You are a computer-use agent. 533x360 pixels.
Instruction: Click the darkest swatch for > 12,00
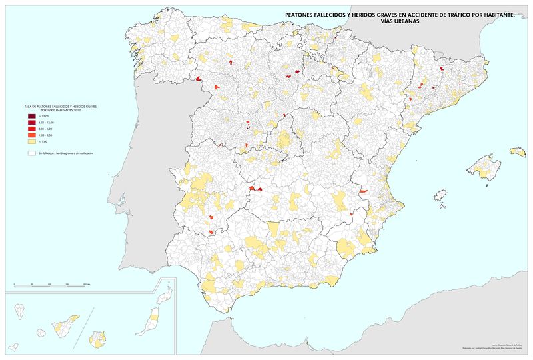(31, 117)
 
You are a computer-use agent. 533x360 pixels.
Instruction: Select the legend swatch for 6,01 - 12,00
(31, 123)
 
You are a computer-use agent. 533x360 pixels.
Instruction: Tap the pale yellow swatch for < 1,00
(31, 141)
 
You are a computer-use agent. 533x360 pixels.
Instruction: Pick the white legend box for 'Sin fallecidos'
(31, 153)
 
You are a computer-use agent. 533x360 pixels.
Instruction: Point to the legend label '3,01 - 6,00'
(45, 129)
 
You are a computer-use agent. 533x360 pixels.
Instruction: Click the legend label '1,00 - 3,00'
(45, 135)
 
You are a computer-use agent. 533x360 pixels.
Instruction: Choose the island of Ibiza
(440, 195)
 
